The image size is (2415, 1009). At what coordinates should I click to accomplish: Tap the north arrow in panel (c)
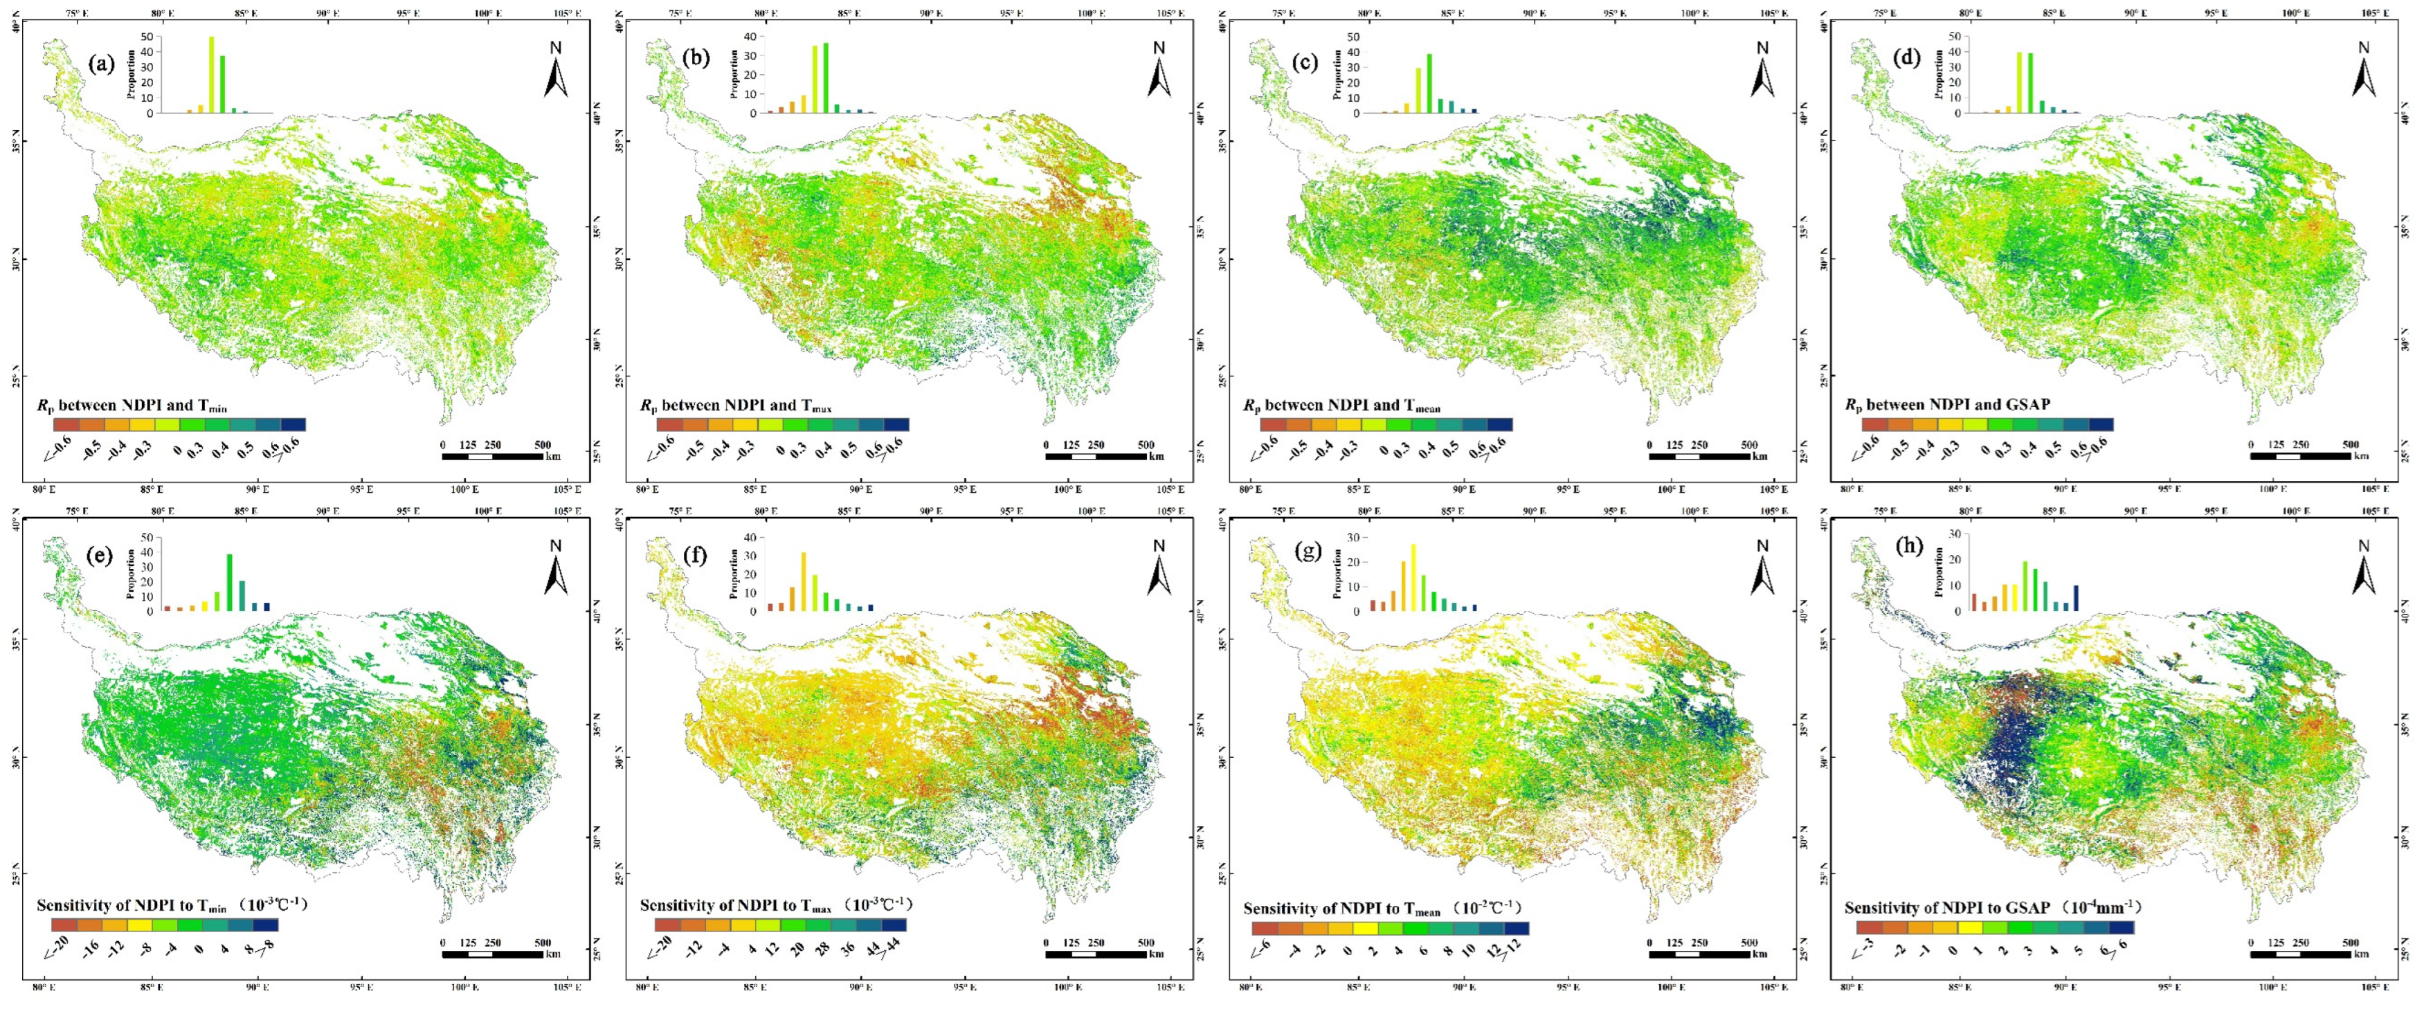[x=1762, y=75]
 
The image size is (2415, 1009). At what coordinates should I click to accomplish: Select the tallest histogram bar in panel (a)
[x=211, y=75]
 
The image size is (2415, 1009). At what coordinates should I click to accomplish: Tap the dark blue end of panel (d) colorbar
[x=2101, y=425]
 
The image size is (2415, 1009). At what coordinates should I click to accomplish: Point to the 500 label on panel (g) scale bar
[x=1749, y=943]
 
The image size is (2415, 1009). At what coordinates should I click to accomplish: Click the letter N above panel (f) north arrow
[x=1159, y=546]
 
